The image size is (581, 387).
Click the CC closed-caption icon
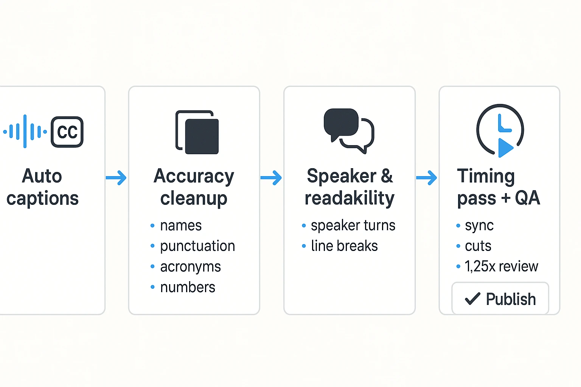67,132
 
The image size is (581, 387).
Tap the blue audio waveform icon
25,132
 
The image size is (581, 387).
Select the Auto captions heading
42,187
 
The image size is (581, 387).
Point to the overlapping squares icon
197,132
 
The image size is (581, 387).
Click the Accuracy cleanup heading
194,187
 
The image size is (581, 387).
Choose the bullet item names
181,226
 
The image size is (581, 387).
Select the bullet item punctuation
197,246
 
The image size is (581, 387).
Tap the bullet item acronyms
190,267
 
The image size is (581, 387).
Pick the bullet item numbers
188,287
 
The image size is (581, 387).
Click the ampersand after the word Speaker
387,176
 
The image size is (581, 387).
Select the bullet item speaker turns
353,226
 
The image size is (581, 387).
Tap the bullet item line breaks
344,246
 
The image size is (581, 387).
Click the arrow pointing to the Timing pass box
427,178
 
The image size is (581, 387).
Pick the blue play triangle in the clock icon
505,147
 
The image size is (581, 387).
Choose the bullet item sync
479,226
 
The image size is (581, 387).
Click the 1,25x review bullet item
501,266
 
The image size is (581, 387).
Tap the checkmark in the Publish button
472,299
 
